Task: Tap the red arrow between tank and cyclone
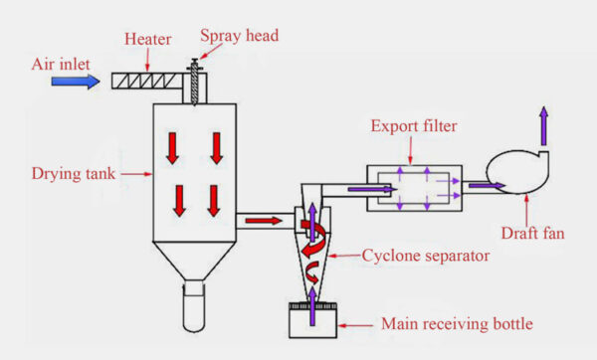264,219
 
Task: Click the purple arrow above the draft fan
543,124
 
